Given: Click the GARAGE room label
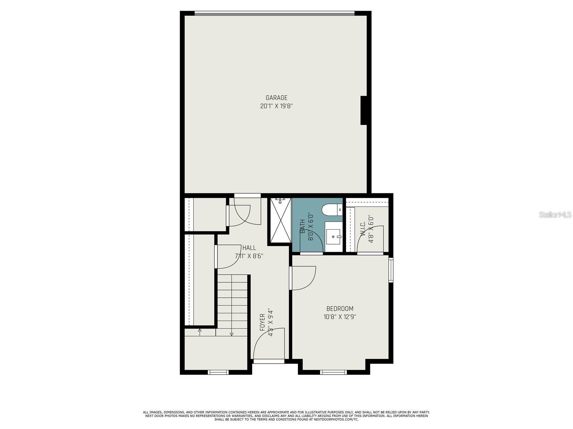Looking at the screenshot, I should point(276,98).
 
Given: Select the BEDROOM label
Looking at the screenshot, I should point(340,309).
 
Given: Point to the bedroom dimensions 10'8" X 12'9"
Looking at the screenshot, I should point(340,317).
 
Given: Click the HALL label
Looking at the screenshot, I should point(249,248).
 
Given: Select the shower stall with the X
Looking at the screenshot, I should point(280,220).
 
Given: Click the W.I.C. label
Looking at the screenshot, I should point(363,229).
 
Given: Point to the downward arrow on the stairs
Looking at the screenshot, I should point(232,334).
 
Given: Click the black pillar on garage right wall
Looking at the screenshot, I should point(364,110).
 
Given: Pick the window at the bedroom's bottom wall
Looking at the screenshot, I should point(333,372).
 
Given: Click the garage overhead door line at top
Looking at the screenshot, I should point(274,14).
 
